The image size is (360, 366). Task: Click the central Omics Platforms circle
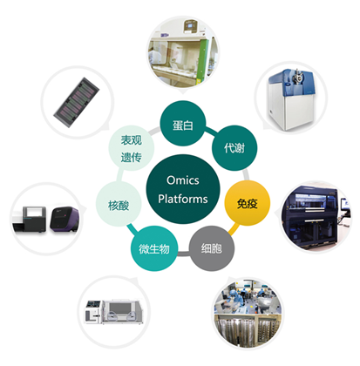183,189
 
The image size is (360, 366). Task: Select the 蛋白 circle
183,123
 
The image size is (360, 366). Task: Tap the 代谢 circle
234,148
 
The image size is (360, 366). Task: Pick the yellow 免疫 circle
248,203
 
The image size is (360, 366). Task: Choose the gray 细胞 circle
212,248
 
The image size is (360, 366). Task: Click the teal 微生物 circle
154,248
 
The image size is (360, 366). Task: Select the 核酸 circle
119,205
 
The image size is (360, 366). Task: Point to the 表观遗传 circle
132,148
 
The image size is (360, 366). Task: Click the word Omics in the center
183,180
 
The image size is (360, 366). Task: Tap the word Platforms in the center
183,199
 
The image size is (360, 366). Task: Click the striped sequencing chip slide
77,102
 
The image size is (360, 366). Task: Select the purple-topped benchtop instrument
65,219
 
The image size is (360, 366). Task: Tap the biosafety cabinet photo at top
183,51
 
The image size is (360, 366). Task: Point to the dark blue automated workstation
316,217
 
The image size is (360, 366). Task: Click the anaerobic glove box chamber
115,312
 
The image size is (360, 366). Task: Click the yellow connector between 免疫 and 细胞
234,228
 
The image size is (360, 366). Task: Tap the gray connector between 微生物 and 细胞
183,254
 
